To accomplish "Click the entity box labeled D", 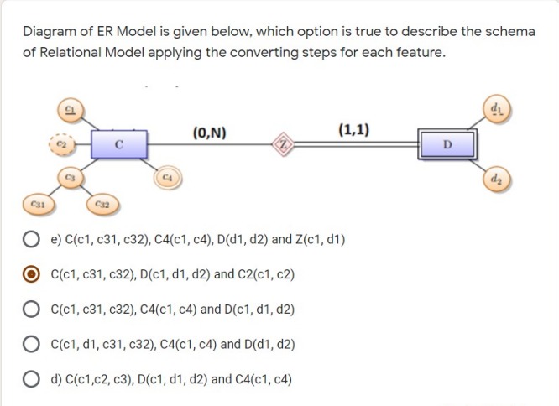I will (x=448, y=143).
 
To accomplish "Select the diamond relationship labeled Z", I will (x=285, y=143).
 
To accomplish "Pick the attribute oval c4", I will (x=167, y=177).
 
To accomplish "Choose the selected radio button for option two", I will (x=31, y=274).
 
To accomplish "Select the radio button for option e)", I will (x=31, y=239).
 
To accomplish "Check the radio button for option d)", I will (x=31, y=379).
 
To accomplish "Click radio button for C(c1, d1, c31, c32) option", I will (x=31, y=344).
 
